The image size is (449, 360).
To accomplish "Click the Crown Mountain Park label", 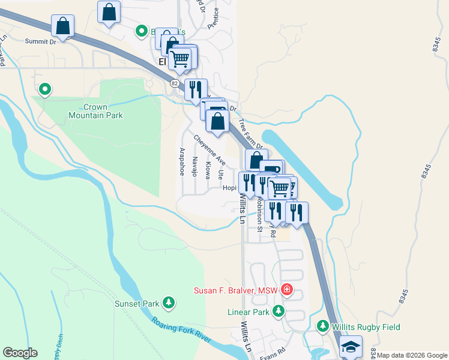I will tap(104, 111).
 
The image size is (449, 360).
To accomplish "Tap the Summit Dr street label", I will tap(40, 41).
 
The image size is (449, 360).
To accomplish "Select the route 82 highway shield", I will tap(174, 83).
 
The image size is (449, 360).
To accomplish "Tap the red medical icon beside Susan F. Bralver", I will tap(286, 291).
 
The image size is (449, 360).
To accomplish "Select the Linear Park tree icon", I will tap(278, 311).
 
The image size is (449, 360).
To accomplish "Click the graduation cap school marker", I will tap(351, 347).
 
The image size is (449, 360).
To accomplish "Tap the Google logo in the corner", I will tap(20, 353).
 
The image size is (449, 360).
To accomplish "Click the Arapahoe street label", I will tap(181, 161).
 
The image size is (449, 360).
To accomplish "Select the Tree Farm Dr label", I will tap(251, 134).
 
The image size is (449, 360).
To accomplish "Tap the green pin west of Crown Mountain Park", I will tap(45, 90).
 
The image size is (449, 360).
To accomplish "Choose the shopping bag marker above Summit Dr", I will tap(62, 26).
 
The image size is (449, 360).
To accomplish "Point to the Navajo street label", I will tap(194, 166).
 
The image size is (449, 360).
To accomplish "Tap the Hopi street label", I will tap(229, 187).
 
